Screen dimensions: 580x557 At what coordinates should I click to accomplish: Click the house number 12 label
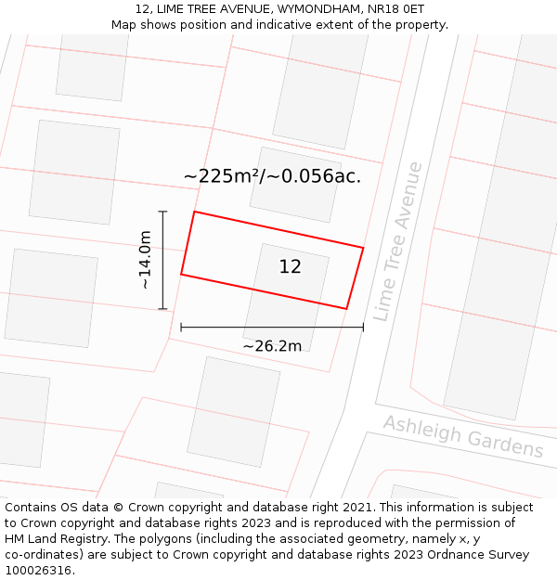[290, 267]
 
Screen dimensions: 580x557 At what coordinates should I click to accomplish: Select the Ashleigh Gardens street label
[463, 436]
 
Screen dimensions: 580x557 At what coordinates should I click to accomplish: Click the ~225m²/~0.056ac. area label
[272, 176]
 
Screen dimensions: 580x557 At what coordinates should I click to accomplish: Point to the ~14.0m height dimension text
[145, 260]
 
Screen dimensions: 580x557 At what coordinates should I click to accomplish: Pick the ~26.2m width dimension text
[272, 346]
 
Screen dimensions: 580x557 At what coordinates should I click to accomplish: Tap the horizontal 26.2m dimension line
[272, 327]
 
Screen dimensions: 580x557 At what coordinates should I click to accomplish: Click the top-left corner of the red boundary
[194, 212]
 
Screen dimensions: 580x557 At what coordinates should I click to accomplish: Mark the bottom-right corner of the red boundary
[346, 309]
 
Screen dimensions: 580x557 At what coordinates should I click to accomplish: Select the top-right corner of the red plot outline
[363, 248]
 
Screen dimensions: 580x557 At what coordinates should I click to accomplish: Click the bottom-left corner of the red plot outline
[181, 275]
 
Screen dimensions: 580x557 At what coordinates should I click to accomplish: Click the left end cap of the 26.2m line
[181, 327]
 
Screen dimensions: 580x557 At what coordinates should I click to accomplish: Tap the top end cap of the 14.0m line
[163, 212]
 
